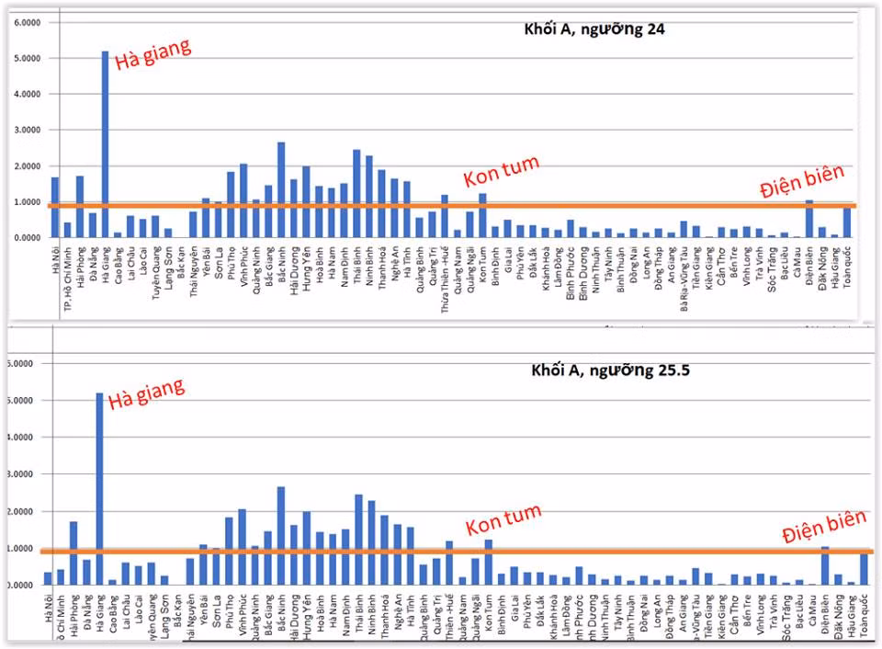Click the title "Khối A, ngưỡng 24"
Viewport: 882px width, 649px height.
pos(588,28)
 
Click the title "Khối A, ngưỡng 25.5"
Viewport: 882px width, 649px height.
pos(611,370)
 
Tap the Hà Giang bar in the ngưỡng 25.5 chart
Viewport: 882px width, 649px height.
pos(99,488)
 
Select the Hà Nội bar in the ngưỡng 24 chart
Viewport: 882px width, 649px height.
pos(55,207)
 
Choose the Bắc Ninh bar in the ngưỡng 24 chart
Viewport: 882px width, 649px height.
pos(281,189)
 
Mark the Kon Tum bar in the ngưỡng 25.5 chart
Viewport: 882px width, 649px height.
pos(488,562)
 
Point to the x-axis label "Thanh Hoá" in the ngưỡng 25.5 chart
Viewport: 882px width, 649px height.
pos(384,613)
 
